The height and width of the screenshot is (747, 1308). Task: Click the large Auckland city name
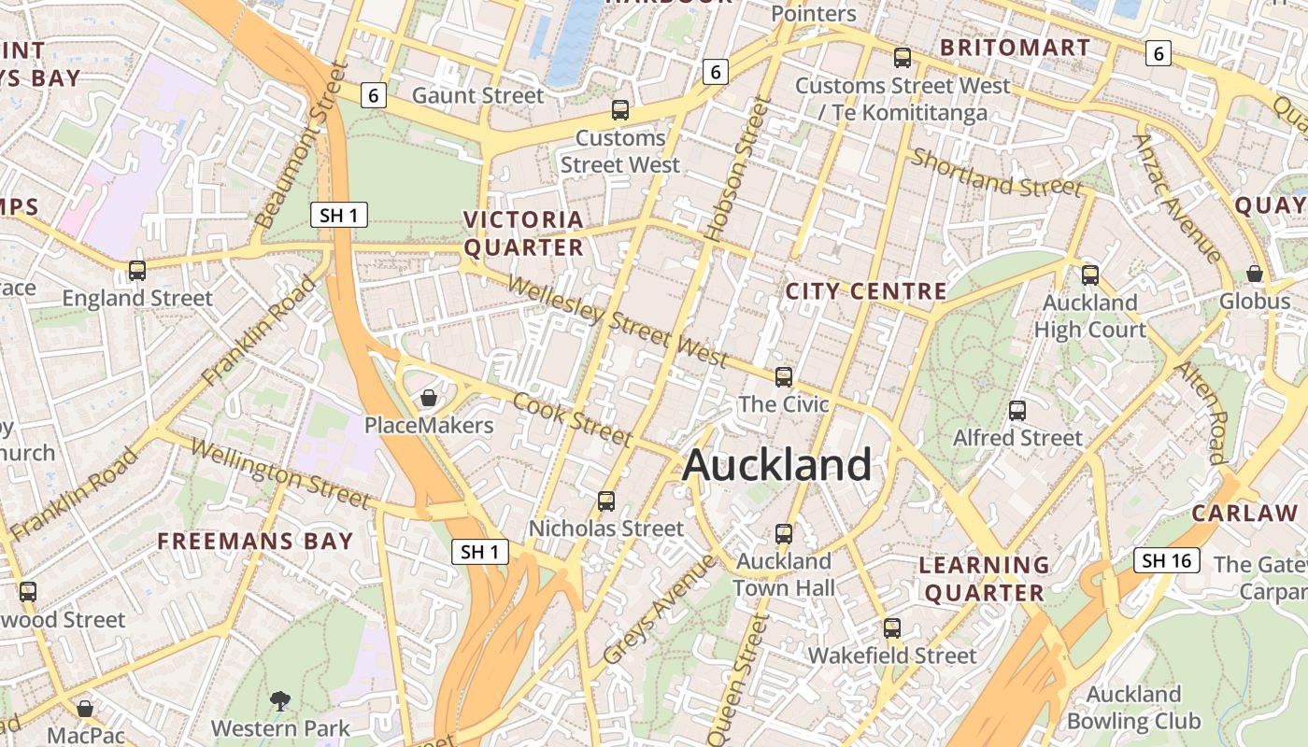coord(777,465)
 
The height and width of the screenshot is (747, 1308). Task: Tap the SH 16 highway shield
coord(1167,560)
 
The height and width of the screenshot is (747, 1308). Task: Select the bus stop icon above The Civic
coord(784,377)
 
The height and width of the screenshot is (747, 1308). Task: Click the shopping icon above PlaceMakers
coord(429,399)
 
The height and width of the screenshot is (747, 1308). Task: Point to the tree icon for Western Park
coord(279,700)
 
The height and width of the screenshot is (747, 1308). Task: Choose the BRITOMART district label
coord(1015,48)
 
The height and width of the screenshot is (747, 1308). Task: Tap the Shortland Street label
coord(996,173)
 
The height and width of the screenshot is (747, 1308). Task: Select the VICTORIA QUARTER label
coord(524,233)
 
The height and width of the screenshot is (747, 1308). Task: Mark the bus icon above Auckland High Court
coord(1089,275)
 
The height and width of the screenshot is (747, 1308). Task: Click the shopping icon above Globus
coord(1255,275)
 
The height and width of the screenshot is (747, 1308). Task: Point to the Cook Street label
coord(573,419)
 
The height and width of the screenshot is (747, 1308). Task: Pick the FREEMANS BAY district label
coord(255,542)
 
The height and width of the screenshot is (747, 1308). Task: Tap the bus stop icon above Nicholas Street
coord(606,501)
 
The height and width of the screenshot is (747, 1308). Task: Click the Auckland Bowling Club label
coord(1133,708)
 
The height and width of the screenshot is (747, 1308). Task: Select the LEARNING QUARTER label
coord(982,579)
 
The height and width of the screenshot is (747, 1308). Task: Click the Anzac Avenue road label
coord(1176,199)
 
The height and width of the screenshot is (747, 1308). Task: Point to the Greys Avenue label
coord(659,610)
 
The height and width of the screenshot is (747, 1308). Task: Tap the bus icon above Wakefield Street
coord(892,628)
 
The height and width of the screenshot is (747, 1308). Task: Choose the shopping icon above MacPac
coord(85,709)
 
